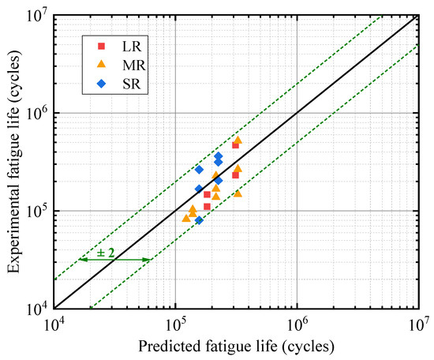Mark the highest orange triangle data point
238,140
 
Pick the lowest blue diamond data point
199,220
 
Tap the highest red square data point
235,145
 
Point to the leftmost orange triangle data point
186,218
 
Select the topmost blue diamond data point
218,156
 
